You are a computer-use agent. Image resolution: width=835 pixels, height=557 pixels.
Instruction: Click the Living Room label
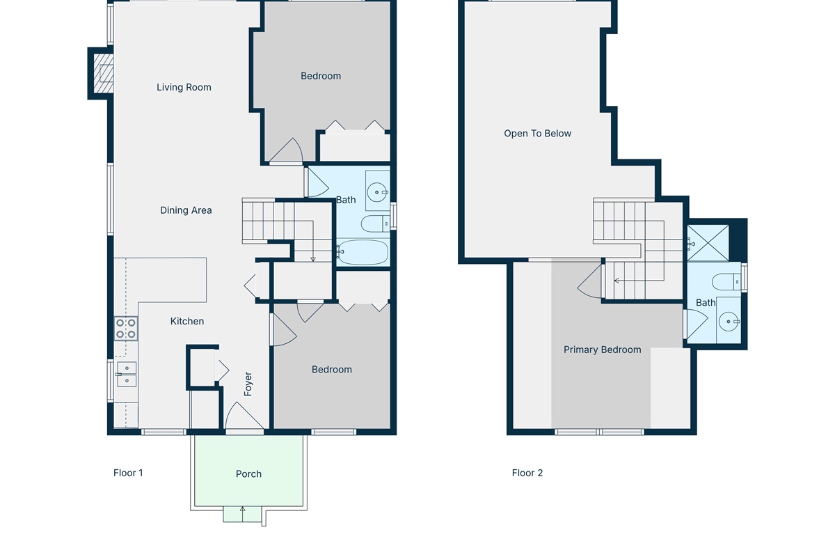(x=184, y=87)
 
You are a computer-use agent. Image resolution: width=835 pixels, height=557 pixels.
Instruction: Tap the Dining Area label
(x=186, y=210)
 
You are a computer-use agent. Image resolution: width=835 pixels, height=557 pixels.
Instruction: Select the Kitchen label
(x=187, y=321)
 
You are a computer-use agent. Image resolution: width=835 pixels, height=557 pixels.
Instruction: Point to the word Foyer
(x=248, y=384)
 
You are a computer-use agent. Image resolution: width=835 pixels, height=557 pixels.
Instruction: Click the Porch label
(x=248, y=474)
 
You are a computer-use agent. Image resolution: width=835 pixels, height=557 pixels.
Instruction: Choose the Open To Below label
(x=537, y=134)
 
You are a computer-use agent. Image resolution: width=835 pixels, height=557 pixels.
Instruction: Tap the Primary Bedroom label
(x=603, y=350)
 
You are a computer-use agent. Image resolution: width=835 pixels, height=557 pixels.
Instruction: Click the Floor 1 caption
(x=128, y=473)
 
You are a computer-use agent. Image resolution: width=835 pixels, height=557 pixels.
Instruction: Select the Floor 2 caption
(x=527, y=473)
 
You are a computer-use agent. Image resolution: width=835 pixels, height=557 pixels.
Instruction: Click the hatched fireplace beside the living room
(x=103, y=74)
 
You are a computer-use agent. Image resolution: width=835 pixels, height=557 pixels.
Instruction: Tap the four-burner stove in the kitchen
(x=126, y=329)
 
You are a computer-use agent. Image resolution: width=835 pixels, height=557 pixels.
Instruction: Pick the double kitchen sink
(x=127, y=374)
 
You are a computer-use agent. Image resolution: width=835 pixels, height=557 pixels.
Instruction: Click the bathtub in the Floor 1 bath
(x=363, y=252)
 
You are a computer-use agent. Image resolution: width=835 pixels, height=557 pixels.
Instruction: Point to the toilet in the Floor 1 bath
(x=375, y=224)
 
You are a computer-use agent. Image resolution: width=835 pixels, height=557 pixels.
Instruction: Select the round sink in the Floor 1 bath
(x=377, y=192)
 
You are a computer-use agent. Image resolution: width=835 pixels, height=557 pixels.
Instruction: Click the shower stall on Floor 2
(x=708, y=243)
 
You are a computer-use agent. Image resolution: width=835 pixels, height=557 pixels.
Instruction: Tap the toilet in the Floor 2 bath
(x=726, y=282)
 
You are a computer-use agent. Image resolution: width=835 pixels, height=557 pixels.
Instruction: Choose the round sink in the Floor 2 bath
(x=729, y=321)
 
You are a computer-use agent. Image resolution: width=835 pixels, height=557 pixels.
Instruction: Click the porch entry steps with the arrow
(x=242, y=514)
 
